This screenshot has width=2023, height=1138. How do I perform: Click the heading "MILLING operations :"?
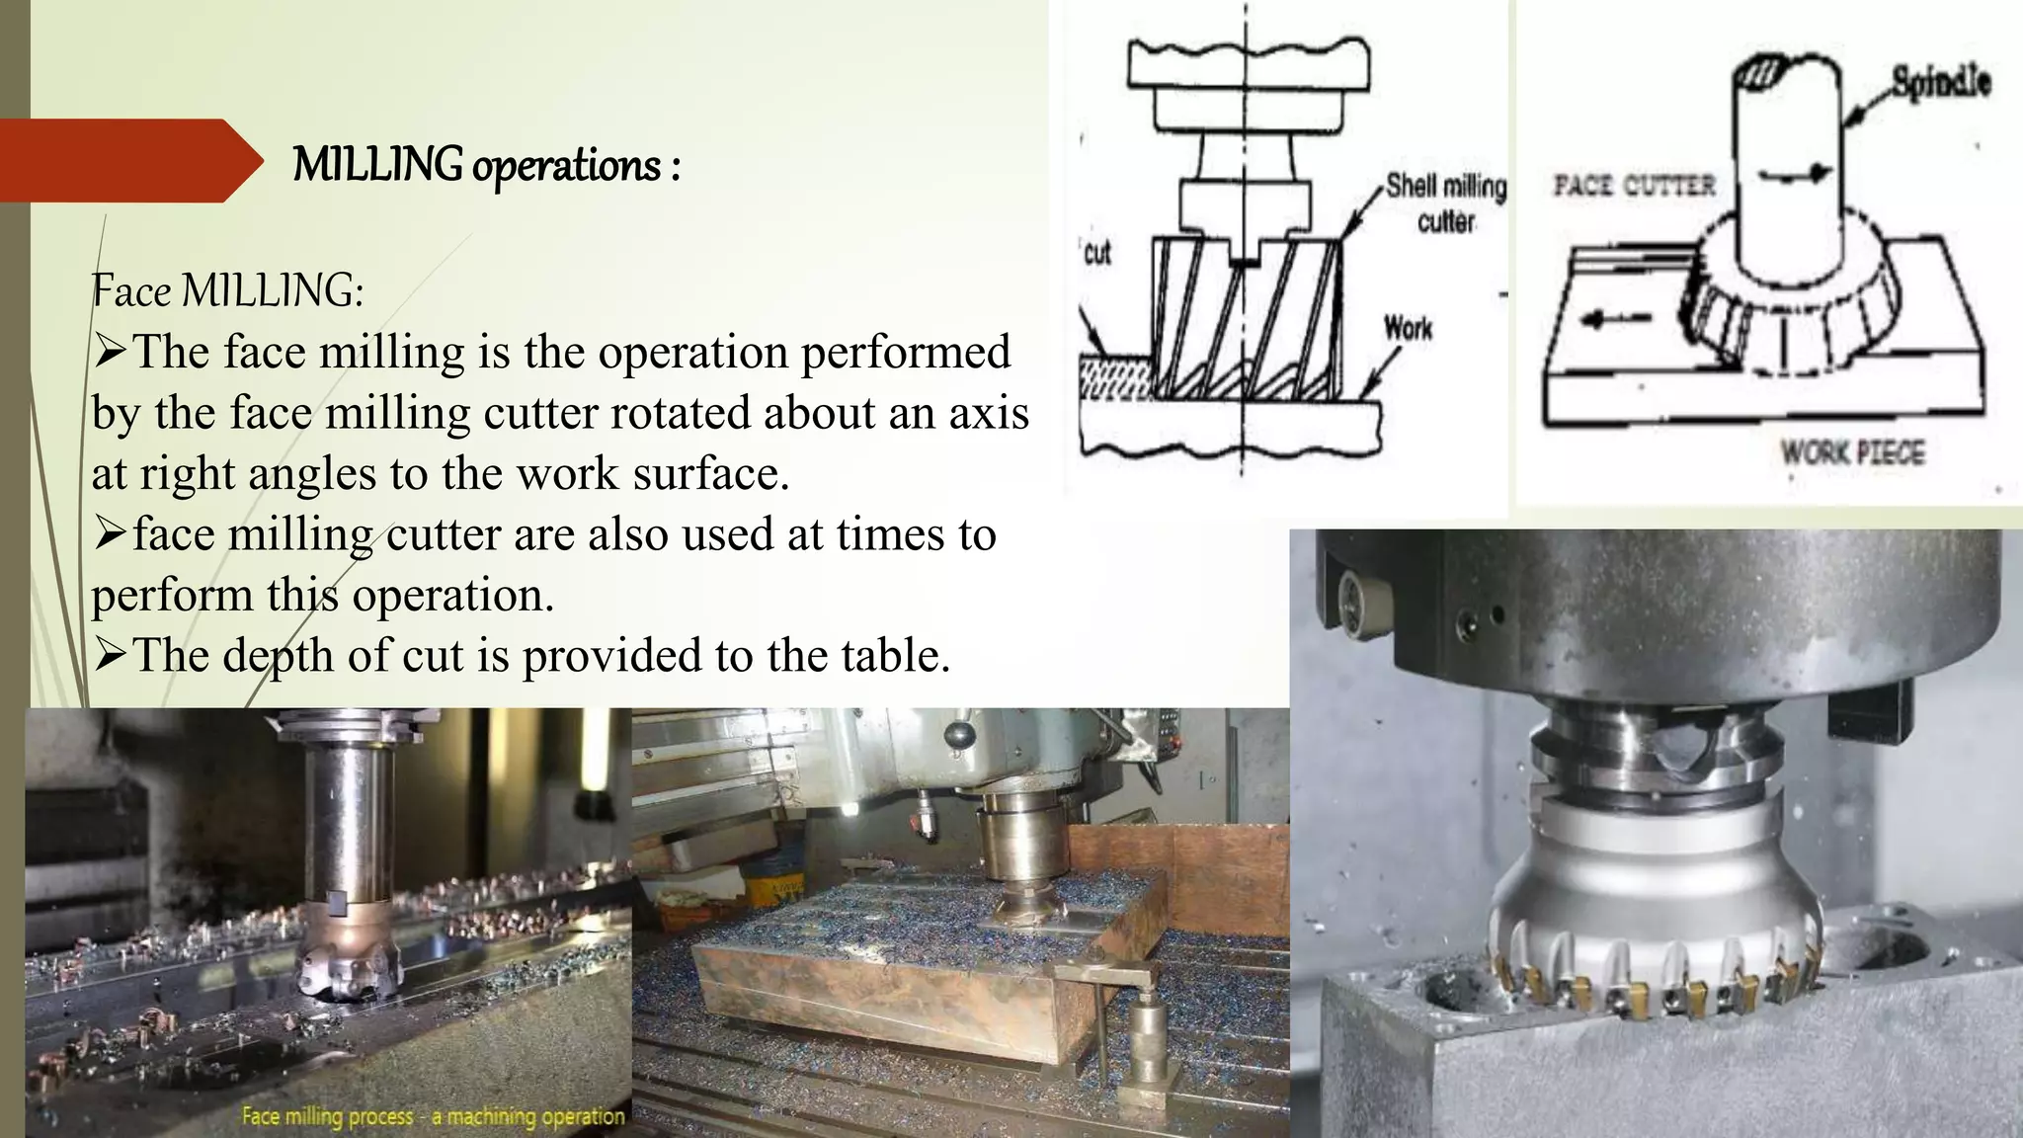486,164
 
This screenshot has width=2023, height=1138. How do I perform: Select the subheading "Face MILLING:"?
227,291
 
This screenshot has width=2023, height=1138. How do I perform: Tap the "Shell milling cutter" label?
1446,203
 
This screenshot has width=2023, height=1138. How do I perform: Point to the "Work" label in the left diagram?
1408,327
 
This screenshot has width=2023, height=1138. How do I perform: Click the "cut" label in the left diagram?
1097,253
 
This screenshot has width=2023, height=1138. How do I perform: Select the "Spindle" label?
1940,81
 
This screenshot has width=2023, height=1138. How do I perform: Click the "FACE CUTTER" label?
1634,185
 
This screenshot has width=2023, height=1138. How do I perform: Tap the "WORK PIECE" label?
1853,453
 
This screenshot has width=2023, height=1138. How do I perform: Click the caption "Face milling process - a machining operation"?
433,1116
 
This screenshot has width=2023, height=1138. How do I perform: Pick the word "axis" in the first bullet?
988,412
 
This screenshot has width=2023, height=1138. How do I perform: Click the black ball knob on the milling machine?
956,735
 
